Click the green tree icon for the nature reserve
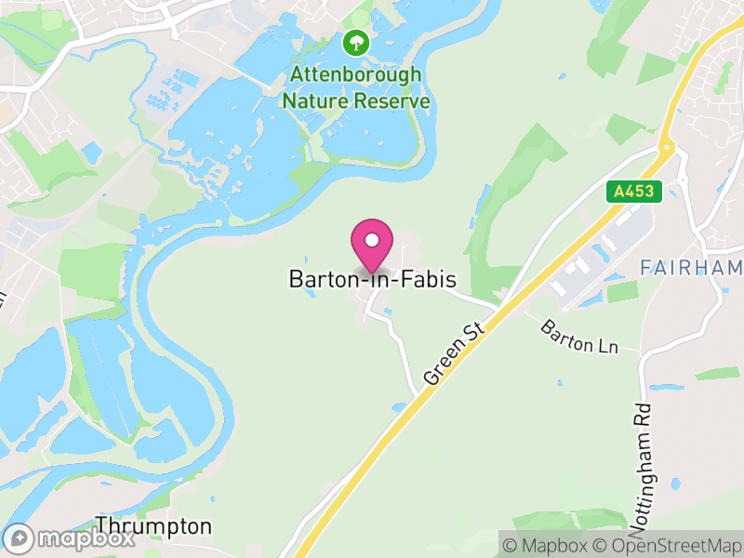click(354, 42)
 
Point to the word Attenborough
click(355, 75)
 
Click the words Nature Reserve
click(355, 100)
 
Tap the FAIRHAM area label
click(691, 268)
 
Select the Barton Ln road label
click(579, 336)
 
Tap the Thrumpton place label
click(153, 526)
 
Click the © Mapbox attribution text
click(548, 545)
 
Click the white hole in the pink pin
click(372, 240)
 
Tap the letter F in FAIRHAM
click(646, 268)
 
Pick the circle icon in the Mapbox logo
click(20, 539)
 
